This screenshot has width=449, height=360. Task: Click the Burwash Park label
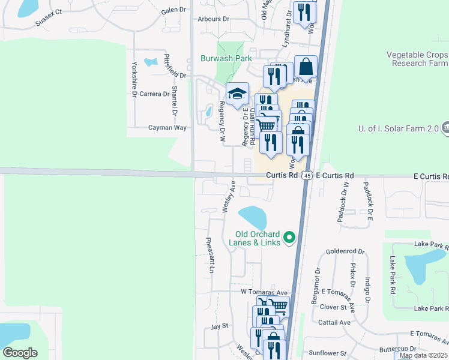[226, 59]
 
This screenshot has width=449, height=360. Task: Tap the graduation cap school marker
[237, 94]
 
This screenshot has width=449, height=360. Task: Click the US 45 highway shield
[307, 175]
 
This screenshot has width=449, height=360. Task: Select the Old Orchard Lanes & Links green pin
[290, 238]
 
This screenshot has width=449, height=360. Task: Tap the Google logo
[20, 352]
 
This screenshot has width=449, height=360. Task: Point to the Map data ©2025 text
[423, 355]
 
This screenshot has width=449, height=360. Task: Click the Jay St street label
[220, 326]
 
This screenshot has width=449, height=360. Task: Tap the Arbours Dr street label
[214, 19]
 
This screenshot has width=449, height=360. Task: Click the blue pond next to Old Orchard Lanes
[253, 216]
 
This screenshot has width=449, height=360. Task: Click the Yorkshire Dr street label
[134, 79]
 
